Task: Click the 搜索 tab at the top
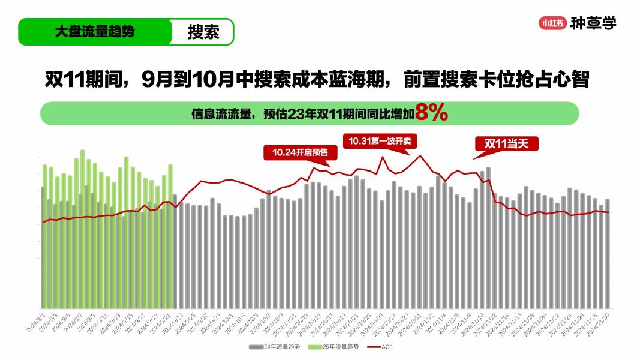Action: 203,32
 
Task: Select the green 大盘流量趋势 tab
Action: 94,32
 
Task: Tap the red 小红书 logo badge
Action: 552,23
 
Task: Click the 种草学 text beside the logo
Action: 593,23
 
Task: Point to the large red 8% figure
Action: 431,113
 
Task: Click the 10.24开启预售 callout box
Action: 300,152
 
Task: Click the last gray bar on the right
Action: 608,252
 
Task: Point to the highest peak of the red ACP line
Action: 420,156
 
